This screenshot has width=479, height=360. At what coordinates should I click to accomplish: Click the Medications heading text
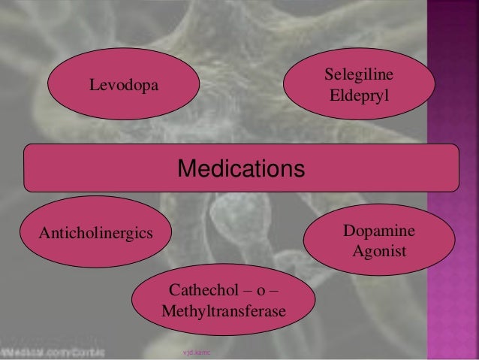point(241,168)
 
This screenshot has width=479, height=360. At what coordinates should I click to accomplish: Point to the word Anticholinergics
point(86,228)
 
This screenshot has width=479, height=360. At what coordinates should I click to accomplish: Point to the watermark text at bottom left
point(53,351)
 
